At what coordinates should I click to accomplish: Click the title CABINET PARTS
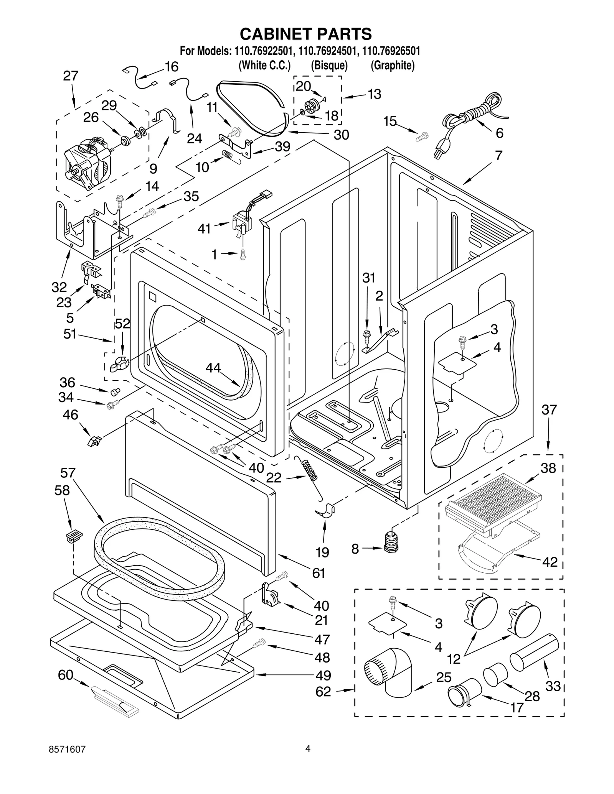pos(306,34)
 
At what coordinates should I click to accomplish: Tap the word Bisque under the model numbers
pos(329,66)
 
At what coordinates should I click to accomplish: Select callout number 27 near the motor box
pos(71,76)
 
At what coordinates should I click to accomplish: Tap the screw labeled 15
pos(423,136)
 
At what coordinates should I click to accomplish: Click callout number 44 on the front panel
pos(213,368)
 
